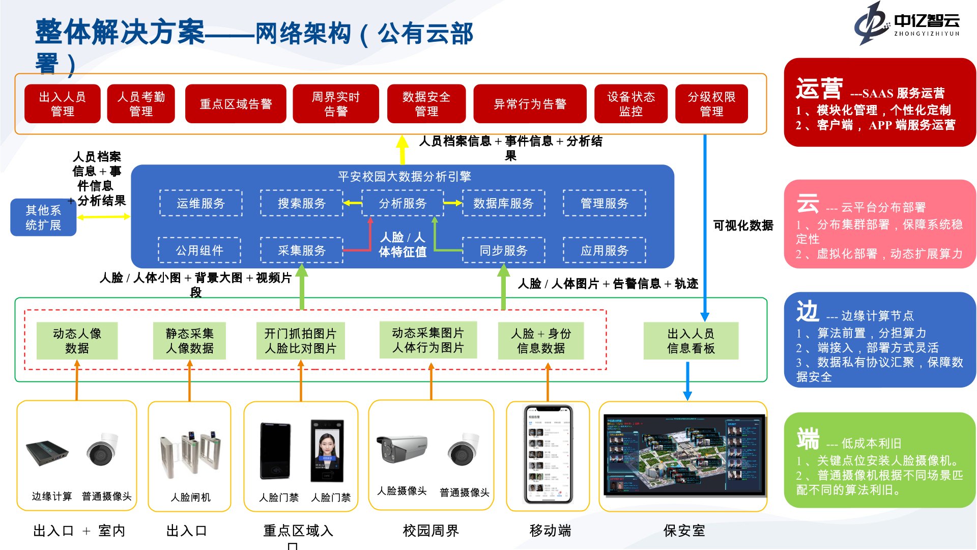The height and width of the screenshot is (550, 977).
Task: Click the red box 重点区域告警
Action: tap(236, 104)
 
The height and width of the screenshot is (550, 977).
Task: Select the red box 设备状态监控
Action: tap(630, 104)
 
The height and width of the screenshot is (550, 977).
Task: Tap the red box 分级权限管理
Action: tap(711, 104)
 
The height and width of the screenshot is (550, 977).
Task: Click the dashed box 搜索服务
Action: tap(302, 203)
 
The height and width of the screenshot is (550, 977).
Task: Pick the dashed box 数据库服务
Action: tap(503, 203)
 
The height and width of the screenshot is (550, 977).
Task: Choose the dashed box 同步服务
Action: tap(503, 251)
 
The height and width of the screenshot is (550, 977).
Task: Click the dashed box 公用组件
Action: tap(199, 251)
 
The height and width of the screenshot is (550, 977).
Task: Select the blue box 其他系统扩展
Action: tap(43, 217)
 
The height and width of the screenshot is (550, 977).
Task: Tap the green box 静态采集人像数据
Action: tap(189, 341)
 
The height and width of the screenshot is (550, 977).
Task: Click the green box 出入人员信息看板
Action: tap(691, 341)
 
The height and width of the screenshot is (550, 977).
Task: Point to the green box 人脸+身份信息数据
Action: tap(540, 341)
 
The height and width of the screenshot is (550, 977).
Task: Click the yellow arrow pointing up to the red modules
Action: tap(403, 149)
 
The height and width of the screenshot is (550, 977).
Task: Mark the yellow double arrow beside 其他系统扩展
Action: tap(103, 217)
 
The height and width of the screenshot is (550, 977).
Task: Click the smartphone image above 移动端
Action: tap(549, 455)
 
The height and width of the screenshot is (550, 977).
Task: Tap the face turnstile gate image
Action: tap(190, 455)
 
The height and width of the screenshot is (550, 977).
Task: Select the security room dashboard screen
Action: tap(683, 455)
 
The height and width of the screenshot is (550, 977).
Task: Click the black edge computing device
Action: tap(47, 453)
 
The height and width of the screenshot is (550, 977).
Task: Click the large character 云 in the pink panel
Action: tap(808, 204)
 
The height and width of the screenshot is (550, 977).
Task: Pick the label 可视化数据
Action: tap(743, 225)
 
